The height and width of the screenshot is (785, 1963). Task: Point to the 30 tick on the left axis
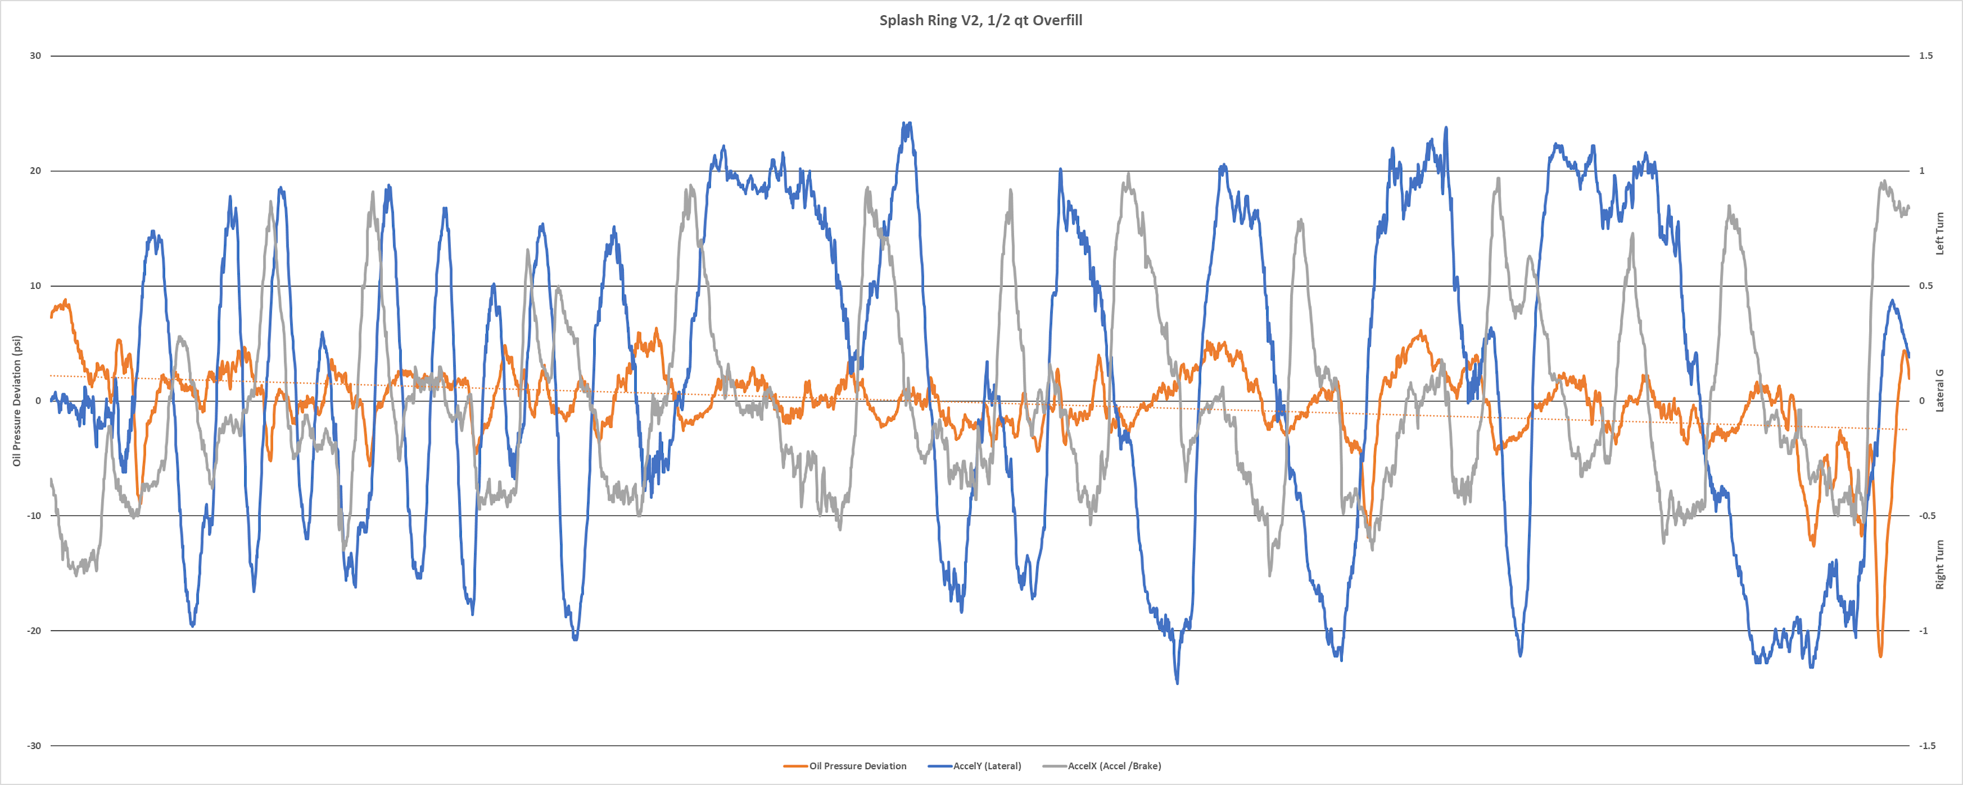tap(35, 56)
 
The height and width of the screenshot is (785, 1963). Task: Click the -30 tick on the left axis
tap(34, 745)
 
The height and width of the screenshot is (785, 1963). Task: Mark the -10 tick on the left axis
tap(34, 516)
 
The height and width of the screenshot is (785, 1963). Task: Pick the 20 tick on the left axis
tap(35, 170)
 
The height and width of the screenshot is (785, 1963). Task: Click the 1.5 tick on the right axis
tap(1926, 56)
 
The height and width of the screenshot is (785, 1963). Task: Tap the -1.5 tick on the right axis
tap(1926, 745)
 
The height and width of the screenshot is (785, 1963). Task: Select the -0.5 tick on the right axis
tap(1926, 516)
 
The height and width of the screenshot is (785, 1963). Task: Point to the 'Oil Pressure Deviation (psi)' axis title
tap(17, 401)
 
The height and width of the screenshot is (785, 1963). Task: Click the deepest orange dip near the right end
tap(1880, 656)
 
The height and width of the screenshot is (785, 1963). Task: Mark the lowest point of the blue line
tap(1177, 683)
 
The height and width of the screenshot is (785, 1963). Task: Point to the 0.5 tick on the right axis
tap(1926, 286)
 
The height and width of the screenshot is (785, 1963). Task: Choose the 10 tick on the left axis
tap(35, 286)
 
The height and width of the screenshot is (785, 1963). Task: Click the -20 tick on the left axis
tap(34, 631)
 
